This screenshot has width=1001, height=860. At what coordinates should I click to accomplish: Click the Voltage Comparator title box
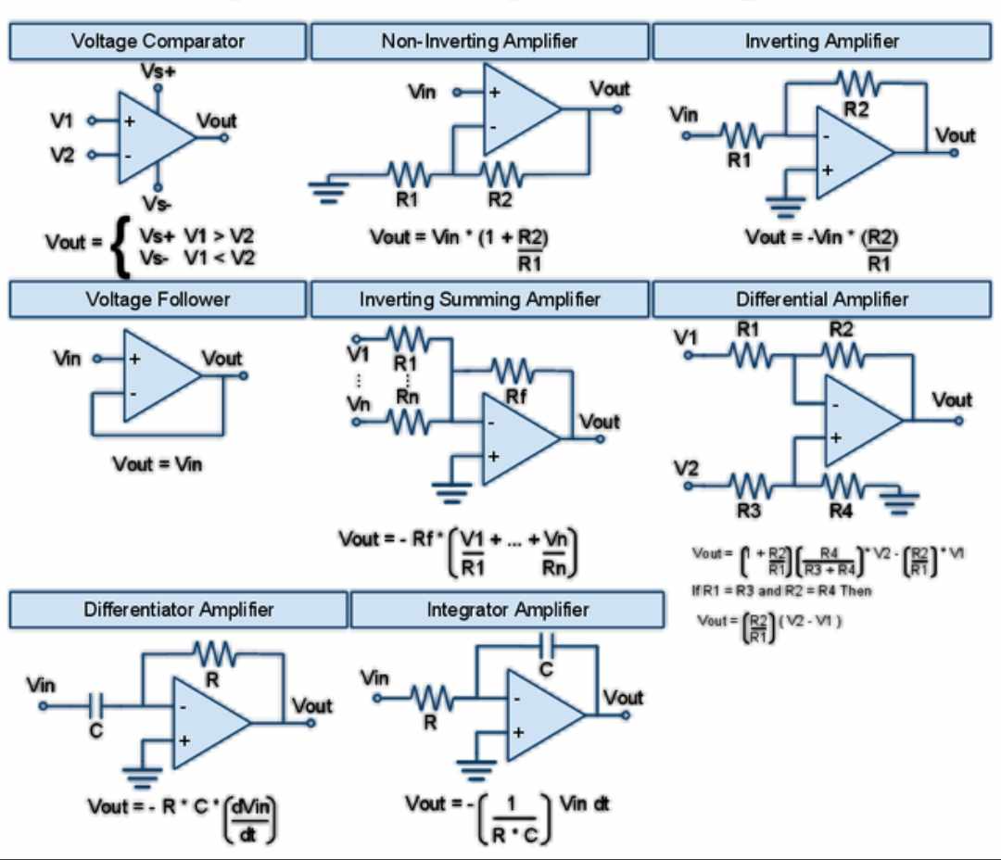(158, 42)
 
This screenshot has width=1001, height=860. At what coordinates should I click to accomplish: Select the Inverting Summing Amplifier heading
(479, 299)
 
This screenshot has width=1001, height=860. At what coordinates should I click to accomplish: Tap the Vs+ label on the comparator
(158, 70)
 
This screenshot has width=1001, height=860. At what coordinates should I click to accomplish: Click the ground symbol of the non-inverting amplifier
(329, 189)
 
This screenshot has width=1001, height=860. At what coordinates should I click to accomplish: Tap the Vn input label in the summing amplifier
(358, 404)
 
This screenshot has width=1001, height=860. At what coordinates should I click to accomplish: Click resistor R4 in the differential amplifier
(842, 484)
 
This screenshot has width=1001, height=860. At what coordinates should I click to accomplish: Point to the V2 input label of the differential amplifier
(686, 467)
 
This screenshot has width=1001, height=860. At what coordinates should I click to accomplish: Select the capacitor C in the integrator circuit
(547, 643)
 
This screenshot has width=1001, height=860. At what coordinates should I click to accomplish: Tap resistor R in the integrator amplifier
(432, 697)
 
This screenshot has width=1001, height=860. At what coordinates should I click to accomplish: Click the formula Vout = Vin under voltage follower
(157, 463)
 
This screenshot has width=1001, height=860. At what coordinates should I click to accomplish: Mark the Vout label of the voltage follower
(222, 358)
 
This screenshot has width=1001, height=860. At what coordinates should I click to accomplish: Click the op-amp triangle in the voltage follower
(158, 375)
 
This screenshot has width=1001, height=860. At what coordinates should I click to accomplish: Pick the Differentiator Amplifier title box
(179, 610)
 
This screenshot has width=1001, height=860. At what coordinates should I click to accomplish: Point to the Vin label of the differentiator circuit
(41, 685)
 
